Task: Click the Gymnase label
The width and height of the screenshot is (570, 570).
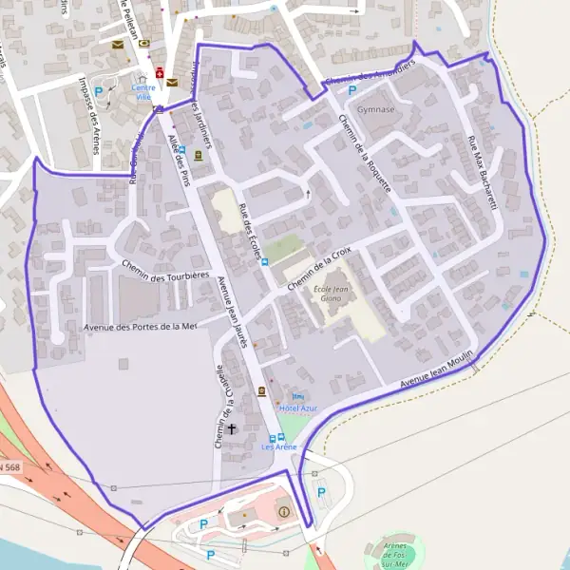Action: click(x=376, y=109)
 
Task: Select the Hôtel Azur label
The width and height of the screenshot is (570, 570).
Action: click(x=300, y=408)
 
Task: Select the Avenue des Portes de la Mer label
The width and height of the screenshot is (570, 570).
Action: click(x=140, y=326)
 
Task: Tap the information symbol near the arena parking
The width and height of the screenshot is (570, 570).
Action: click(x=283, y=513)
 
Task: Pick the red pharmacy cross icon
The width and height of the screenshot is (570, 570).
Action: click(x=160, y=72)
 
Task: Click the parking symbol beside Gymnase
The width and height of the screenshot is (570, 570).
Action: click(x=351, y=91)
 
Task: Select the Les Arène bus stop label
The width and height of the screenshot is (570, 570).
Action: click(x=279, y=446)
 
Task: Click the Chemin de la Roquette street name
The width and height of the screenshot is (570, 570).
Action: click(x=365, y=153)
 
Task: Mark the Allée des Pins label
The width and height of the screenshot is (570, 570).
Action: click(x=178, y=157)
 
